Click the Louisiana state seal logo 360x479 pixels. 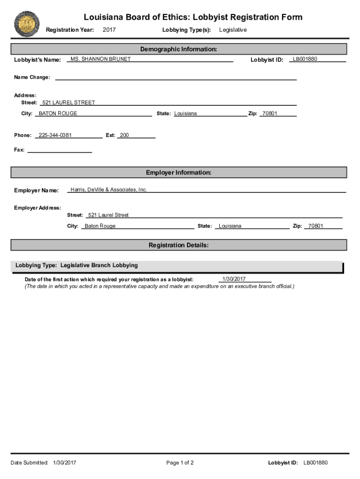(27, 24)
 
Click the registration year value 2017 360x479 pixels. (109, 30)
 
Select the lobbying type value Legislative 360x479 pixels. (233, 30)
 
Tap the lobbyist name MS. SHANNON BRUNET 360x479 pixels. (101, 59)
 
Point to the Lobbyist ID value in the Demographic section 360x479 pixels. (305, 59)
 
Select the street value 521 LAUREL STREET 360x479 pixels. (69, 102)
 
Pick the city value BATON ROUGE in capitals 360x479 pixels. (58, 114)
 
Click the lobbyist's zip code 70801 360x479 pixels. (270, 114)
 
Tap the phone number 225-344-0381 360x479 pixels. (55, 135)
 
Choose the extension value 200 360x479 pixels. (124, 135)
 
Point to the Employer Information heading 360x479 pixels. (179, 173)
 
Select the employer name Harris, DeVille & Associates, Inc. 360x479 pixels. (108, 189)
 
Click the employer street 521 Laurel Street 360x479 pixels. (108, 215)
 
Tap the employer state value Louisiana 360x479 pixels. (230, 226)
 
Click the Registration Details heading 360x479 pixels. (179, 245)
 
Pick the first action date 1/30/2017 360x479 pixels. (234, 279)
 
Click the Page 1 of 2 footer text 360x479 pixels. (180, 463)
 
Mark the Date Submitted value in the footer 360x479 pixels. (65, 463)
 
